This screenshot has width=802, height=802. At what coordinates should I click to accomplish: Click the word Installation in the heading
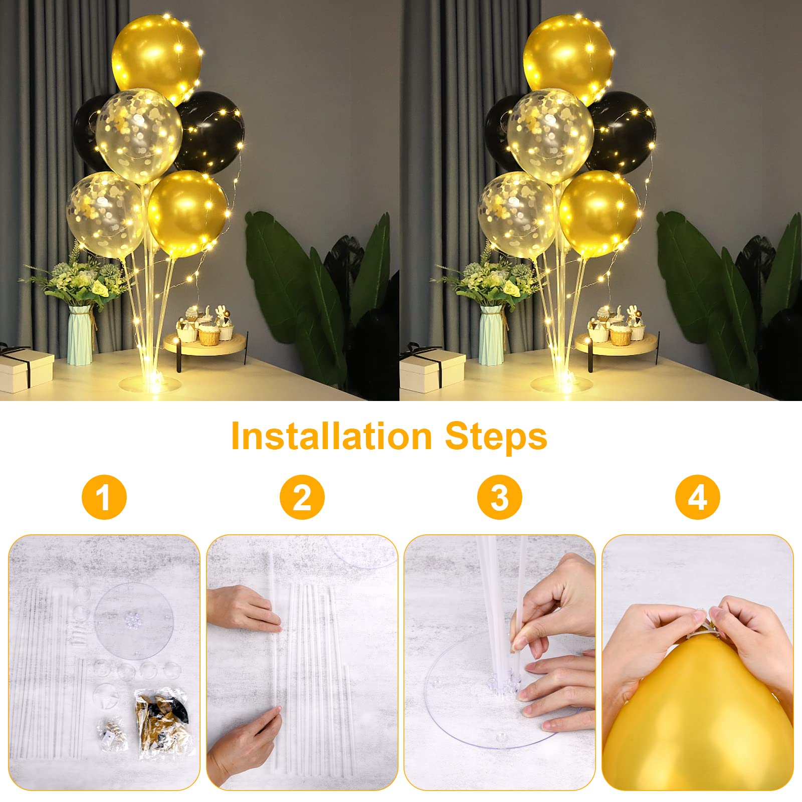331,437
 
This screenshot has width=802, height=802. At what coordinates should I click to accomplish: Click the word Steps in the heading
496,438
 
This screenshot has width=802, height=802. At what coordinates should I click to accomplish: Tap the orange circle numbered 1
104,497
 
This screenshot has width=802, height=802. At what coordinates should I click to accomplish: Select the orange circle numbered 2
302,497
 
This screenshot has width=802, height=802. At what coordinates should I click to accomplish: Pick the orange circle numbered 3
500,497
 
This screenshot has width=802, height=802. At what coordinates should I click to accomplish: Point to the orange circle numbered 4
698,497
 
